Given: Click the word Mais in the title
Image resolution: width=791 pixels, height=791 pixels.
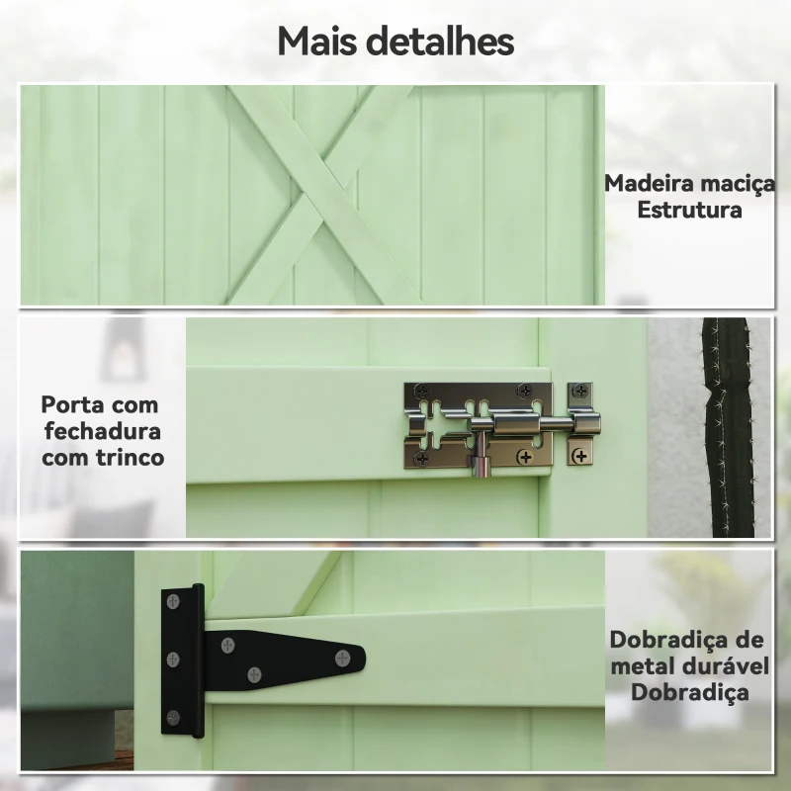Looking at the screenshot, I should click(x=317, y=41).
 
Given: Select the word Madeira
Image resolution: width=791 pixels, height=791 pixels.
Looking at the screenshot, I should click(x=646, y=183).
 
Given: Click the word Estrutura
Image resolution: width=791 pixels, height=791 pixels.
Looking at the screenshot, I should click(x=689, y=210).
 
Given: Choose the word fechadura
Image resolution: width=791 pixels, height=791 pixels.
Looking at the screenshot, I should click(x=101, y=432).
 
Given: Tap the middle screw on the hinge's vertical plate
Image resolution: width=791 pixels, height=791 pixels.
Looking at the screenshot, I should click(x=175, y=658).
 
